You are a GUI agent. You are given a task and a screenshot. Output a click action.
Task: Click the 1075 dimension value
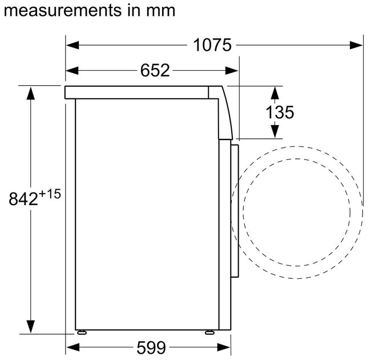click(x=212, y=45)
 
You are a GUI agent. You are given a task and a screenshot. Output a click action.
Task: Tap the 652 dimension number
click(x=155, y=70)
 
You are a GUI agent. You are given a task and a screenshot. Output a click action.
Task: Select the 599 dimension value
click(x=151, y=347)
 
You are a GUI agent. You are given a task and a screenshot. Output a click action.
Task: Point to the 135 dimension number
click(x=280, y=112)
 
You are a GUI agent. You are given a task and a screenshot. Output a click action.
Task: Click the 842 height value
click(x=23, y=199)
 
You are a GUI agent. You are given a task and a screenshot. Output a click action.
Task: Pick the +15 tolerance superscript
click(x=50, y=194)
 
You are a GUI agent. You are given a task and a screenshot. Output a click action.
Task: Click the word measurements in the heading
click(x=63, y=11)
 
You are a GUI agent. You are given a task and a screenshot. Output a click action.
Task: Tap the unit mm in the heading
click(x=160, y=11)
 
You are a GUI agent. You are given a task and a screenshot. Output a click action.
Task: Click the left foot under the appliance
click(x=82, y=333)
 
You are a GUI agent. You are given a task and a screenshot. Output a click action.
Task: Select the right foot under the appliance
click(x=209, y=333)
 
